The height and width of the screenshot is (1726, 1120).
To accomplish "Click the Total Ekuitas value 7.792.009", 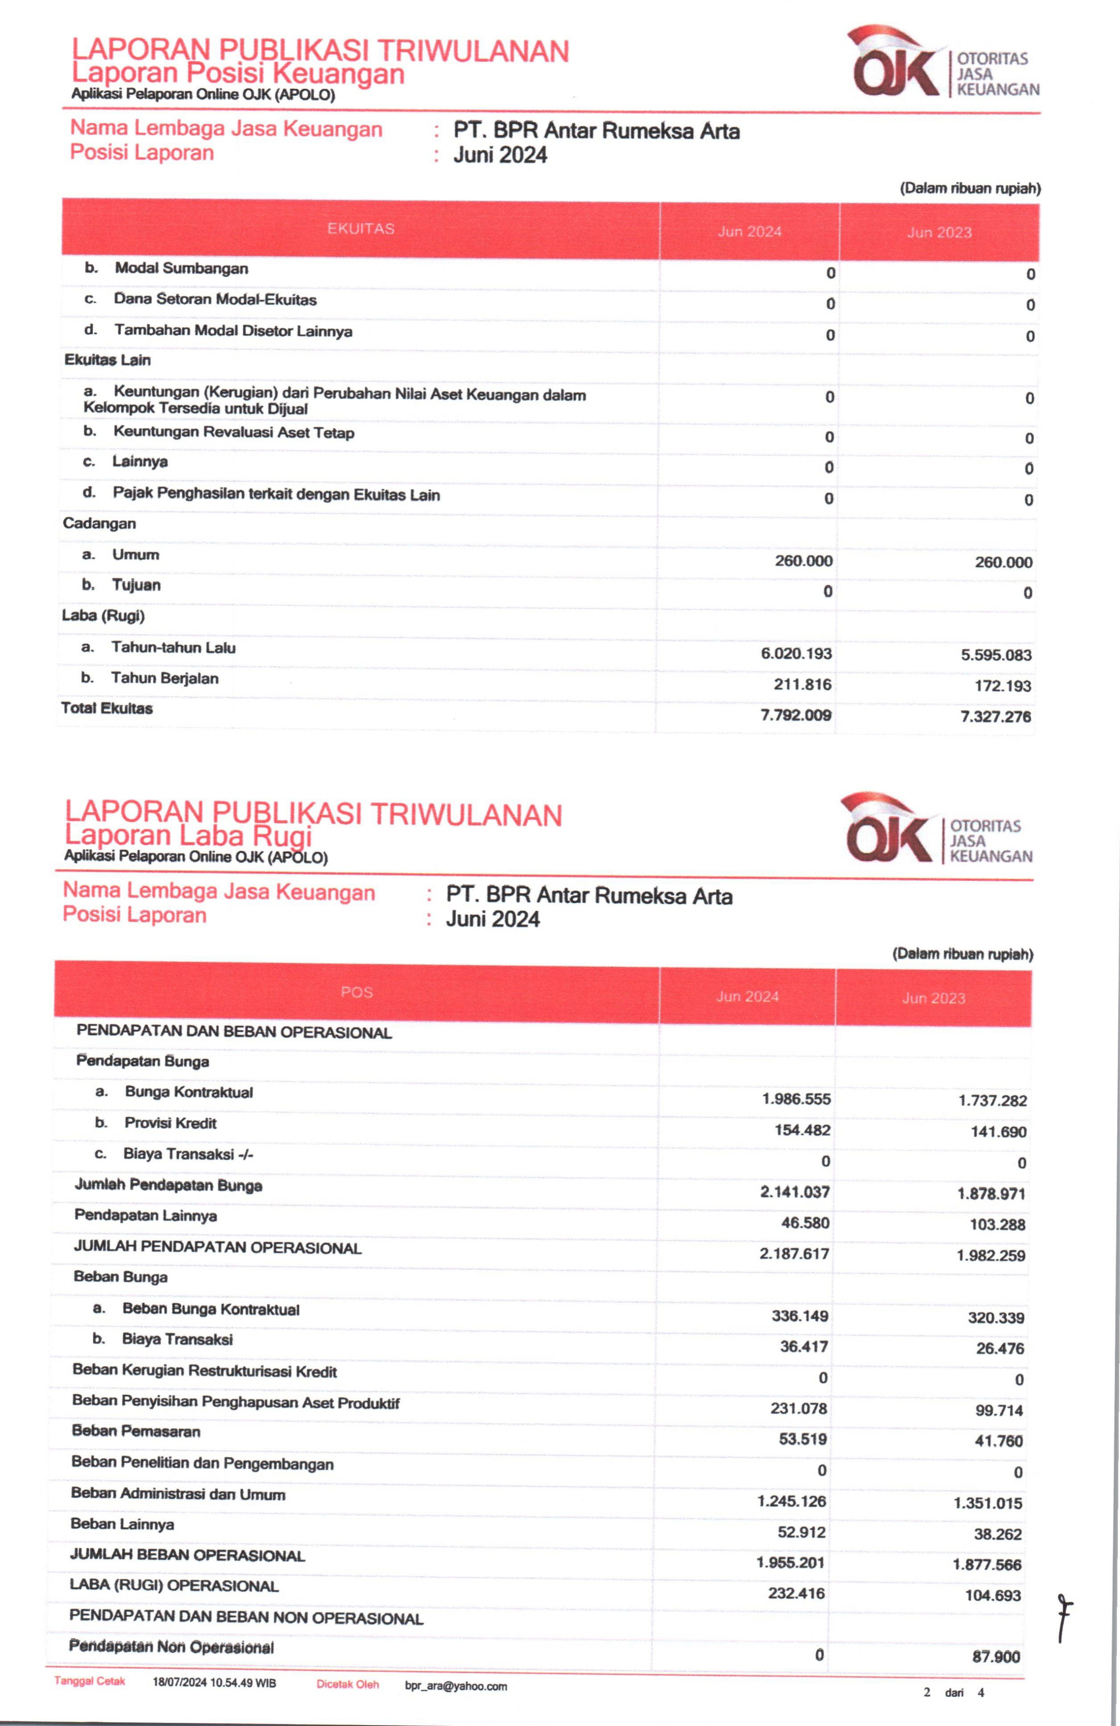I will click(796, 715).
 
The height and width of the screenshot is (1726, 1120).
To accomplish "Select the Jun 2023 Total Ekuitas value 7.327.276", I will click(995, 717).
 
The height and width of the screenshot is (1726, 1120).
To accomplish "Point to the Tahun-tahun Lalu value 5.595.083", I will click(996, 655).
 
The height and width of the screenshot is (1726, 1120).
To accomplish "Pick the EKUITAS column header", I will click(360, 229).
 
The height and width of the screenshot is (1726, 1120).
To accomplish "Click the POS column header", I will click(356, 992).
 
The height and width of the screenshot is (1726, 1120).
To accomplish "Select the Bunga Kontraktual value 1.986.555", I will click(796, 1099).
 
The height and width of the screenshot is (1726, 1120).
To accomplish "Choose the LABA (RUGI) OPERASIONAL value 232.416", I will click(796, 1593).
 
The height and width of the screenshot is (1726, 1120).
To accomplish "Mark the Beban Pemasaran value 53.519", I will click(802, 1439).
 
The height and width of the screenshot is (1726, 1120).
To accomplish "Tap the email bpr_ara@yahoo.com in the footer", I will click(455, 1686).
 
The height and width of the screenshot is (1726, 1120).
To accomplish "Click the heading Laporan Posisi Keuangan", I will click(238, 73).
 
